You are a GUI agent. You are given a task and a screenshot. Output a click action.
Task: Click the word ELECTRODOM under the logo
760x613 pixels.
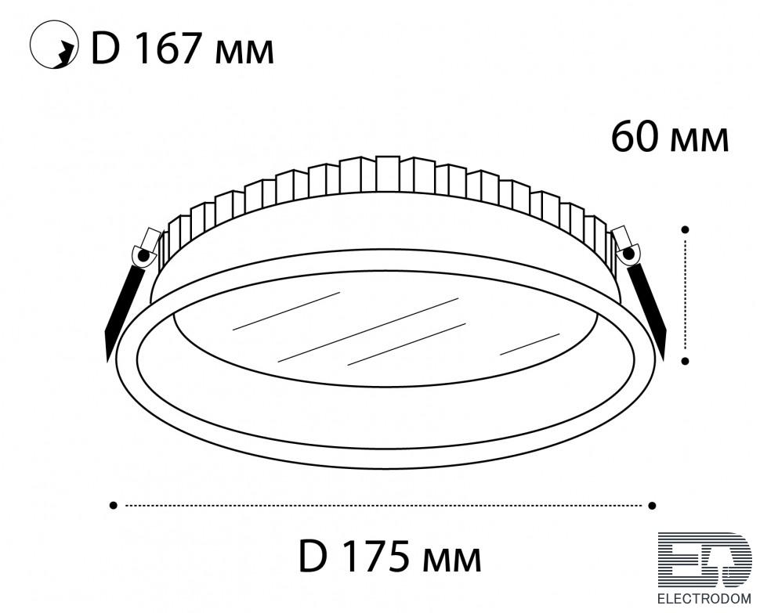tap(704, 598)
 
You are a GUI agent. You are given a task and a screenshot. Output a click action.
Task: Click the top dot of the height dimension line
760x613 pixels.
tap(686, 229)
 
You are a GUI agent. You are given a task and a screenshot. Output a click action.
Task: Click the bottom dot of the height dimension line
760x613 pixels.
tap(686, 361)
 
